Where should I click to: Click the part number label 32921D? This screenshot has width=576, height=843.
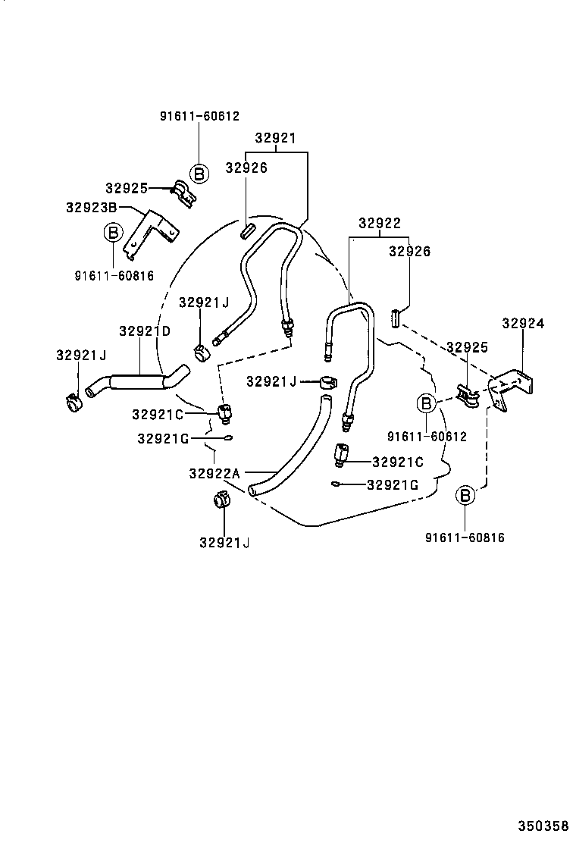[x=145, y=331]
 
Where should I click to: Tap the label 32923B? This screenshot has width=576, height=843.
[x=91, y=206]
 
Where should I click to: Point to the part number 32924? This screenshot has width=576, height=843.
[x=523, y=323]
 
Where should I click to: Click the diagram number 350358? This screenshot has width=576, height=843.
[x=543, y=826]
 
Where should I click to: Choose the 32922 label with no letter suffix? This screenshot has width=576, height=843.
[x=379, y=224]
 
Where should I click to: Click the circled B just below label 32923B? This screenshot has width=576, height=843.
[x=112, y=232]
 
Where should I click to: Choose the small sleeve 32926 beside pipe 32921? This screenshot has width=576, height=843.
[x=248, y=229]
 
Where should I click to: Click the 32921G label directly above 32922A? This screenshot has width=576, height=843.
[x=162, y=438]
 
